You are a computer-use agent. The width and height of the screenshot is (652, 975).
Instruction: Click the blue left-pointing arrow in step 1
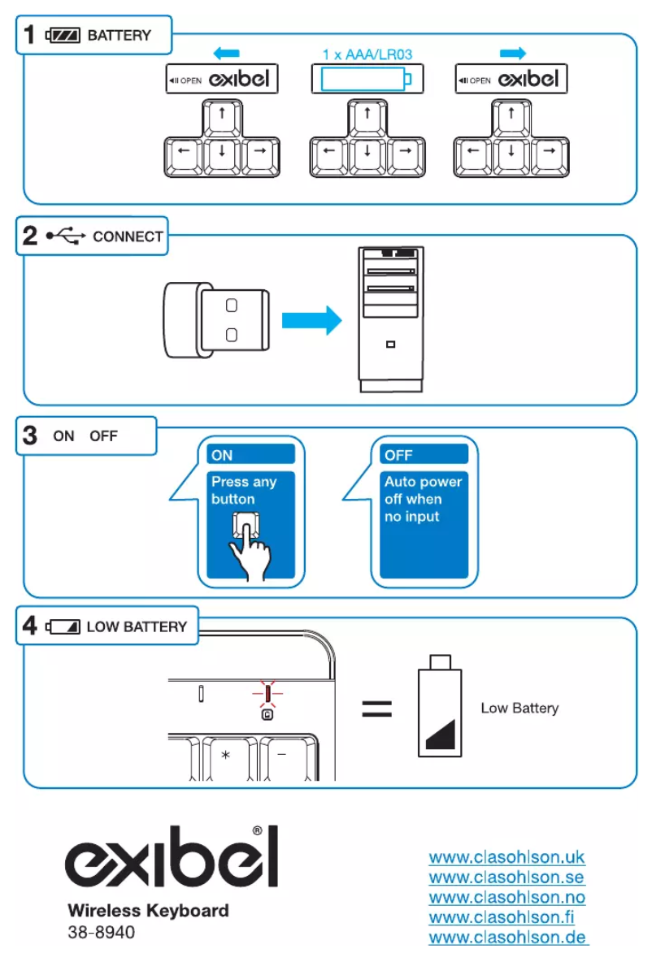click(226, 54)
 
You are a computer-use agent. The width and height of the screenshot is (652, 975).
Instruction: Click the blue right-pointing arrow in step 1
click(513, 54)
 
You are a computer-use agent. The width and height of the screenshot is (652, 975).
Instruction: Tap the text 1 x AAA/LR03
click(367, 54)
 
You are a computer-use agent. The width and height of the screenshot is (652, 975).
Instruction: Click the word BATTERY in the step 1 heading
click(119, 36)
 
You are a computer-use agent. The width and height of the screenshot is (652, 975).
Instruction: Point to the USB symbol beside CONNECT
click(66, 236)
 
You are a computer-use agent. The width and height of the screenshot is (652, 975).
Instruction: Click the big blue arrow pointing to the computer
click(311, 318)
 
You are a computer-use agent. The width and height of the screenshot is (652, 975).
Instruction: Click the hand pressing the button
click(249, 542)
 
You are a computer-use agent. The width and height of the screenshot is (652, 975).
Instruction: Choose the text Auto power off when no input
click(422, 499)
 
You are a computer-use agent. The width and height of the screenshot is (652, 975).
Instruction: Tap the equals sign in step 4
click(376, 708)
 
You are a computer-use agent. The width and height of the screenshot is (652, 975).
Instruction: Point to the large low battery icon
click(440, 704)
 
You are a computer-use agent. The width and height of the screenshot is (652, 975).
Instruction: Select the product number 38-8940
click(102, 933)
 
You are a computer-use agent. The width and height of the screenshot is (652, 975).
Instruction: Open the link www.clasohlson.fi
click(502, 917)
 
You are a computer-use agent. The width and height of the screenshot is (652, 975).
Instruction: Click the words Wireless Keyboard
click(148, 911)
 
